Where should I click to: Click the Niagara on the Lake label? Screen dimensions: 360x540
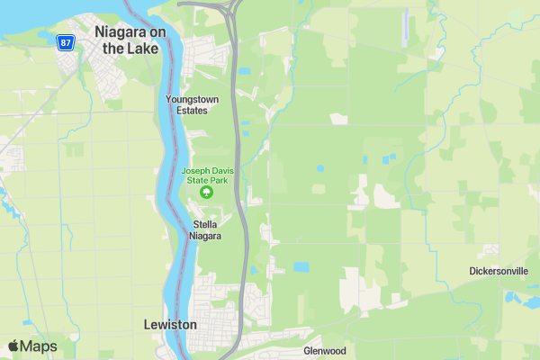131,40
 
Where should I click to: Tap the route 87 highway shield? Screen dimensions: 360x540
64,42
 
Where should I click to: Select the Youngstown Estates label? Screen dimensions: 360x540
186,104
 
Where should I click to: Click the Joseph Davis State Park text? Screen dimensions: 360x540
206,175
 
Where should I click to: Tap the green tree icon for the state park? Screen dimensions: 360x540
207,192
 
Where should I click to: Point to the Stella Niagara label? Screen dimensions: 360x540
204,230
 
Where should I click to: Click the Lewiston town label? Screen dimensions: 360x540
170,324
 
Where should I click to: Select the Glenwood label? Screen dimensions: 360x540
325,350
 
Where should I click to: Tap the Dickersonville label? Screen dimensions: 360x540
499,271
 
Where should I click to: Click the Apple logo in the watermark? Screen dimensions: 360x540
13,346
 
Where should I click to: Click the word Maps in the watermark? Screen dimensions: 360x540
39,346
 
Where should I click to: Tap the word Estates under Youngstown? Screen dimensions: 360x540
186,111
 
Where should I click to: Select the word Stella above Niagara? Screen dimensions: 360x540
205,225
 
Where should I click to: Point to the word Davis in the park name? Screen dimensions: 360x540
220,171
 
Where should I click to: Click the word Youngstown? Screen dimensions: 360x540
186,99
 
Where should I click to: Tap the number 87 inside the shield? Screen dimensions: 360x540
64,42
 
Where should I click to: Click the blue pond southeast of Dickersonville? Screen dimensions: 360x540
514,296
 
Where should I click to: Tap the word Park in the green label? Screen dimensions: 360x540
218,180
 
